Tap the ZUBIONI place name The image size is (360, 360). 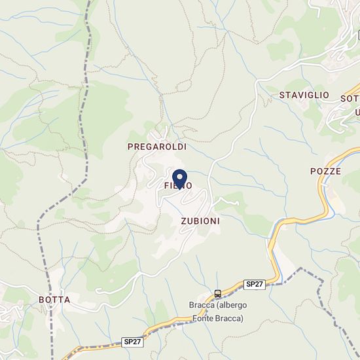tap(200, 221)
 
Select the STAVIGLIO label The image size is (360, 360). tap(304, 95)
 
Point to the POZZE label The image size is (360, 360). tap(325, 171)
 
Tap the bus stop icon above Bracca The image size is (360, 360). tap(217, 293)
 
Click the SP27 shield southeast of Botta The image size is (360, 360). tap(132, 342)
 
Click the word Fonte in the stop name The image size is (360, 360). tap(204, 319)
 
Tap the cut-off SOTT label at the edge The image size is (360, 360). tap(350, 99)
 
